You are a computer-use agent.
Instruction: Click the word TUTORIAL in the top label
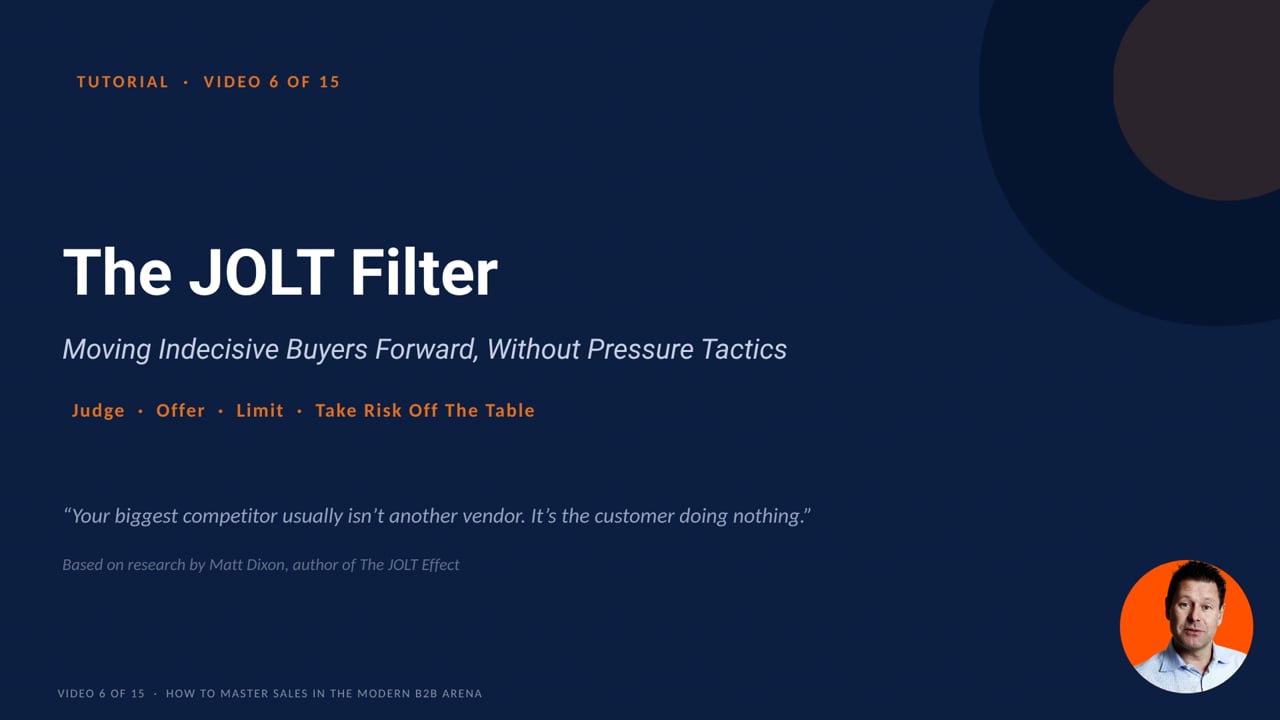122,82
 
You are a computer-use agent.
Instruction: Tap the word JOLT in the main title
262,272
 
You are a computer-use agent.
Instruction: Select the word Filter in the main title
423,272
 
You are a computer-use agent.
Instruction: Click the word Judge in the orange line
98,411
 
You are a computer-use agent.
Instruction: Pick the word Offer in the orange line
180,410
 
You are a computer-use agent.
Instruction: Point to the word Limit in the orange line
260,410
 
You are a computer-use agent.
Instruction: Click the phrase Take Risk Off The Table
425,410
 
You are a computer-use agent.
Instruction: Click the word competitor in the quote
230,516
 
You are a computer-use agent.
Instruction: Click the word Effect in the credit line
440,565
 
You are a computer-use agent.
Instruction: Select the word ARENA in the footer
462,694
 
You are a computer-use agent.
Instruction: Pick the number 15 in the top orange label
330,82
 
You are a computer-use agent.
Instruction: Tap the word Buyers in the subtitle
326,349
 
